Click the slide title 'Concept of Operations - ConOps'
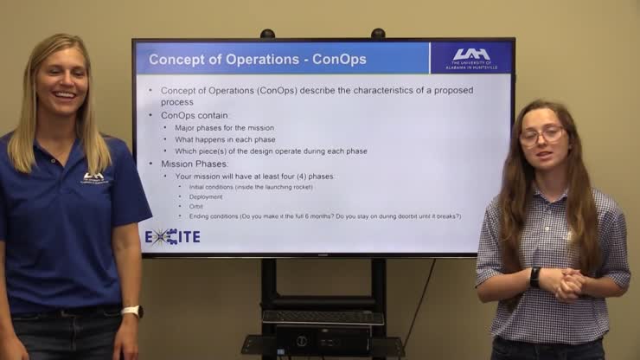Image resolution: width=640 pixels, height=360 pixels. pos(258,60)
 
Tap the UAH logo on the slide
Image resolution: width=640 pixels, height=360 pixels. pos(470,57)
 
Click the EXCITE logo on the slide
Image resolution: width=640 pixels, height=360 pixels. pos(172,235)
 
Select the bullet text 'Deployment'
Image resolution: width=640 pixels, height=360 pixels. pos(206,196)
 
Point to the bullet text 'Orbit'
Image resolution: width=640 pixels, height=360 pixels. pos(196,206)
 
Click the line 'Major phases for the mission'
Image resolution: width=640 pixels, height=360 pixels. pos(224,128)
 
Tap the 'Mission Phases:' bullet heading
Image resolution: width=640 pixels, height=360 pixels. pos(195,164)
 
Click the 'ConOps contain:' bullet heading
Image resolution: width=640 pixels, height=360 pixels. pos(195,115)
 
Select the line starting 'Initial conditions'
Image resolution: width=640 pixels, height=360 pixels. pos(251,187)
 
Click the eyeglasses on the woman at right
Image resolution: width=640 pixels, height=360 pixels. pos(541,135)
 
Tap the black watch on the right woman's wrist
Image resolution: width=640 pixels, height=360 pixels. pos(534,277)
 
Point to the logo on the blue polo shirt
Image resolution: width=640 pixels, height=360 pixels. pos(93,177)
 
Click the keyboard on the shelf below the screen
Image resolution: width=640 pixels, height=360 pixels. pos(323,318)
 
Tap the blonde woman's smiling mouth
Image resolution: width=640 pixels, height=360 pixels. pos(64,94)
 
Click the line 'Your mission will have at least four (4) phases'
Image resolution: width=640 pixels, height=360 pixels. pos(255,176)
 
